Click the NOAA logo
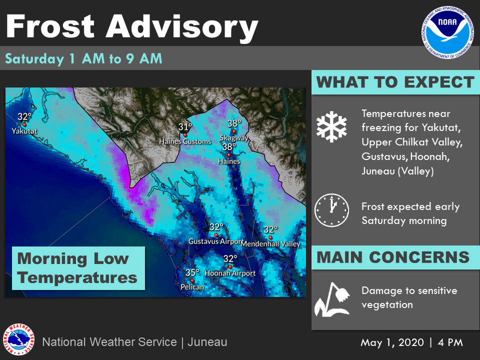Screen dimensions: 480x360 [x=447, y=32]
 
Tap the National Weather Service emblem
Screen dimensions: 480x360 [x=18, y=339]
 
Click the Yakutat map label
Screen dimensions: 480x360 [x=24, y=131]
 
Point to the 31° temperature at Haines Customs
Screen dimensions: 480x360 [x=185, y=126]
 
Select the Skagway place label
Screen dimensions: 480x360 [x=234, y=138]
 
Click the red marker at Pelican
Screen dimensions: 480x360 [x=192, y=280]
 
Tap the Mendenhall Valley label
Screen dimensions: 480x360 [x=270, y=244]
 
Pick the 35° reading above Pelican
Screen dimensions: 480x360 [x=192, y=272]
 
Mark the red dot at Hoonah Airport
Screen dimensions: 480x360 [x=230, y=266]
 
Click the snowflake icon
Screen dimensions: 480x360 [x=331, y=126]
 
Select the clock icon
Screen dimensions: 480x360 [x=331, y=210]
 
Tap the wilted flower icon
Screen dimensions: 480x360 [x=332, y=299]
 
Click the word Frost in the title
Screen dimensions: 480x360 [x=50, y=26]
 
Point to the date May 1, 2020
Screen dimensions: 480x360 [x=392, y=342]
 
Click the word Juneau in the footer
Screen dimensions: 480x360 [x=207, y=342]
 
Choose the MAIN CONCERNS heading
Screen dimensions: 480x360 [x=393, y=257]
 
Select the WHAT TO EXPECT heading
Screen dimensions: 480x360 [x=395, y=82]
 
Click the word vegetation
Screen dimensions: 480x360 [x=387, y=305]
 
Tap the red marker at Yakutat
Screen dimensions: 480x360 [x=24, y=124]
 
